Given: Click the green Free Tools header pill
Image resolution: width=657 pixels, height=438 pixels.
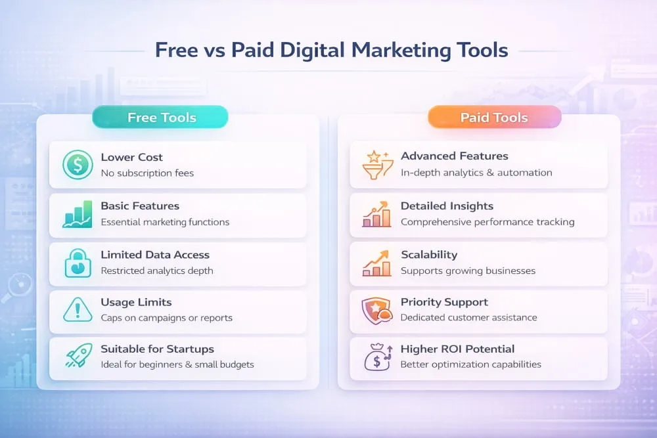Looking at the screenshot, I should click(x=161, y=118).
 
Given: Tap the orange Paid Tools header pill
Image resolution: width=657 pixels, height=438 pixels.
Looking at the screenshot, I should click(x=494, y=118).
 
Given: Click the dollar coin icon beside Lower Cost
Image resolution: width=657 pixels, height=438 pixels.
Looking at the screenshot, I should click(x=78, y=165).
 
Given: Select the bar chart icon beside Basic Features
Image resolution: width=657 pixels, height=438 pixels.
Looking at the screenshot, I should click(x=78, y=214).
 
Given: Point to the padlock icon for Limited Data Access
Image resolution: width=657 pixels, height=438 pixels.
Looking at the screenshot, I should click(x=78, y=263).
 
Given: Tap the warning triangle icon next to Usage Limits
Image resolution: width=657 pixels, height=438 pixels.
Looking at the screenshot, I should click(x=78, y=309).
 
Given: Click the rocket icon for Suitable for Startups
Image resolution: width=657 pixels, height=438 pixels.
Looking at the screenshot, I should click(x=78, y=357).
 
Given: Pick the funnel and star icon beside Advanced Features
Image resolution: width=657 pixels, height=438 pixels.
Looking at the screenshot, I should click(x=378, y=165).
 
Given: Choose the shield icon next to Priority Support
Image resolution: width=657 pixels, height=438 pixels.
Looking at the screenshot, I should click(x=377, y=309).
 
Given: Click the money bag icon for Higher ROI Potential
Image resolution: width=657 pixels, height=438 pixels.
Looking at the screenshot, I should click(x=377, y=357).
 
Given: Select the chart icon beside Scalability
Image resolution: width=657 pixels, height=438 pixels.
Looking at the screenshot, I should click(x=377, y=262).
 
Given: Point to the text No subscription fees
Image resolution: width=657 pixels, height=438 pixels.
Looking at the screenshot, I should click(x=147, y=173).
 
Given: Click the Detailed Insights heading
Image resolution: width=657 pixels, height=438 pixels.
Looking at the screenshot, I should click(x=447, y=206).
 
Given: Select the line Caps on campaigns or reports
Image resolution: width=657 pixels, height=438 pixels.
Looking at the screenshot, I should click(x=166, y=318).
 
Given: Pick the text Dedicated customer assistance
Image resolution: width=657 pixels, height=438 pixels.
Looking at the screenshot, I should click(x=468, y=318).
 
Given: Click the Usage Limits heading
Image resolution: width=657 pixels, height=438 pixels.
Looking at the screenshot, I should click(x=136, y=302).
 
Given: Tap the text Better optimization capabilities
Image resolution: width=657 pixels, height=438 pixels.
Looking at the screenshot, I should click(x=471, y=364).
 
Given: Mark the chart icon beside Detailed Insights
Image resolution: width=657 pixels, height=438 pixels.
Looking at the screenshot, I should click(x=377, y=214).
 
